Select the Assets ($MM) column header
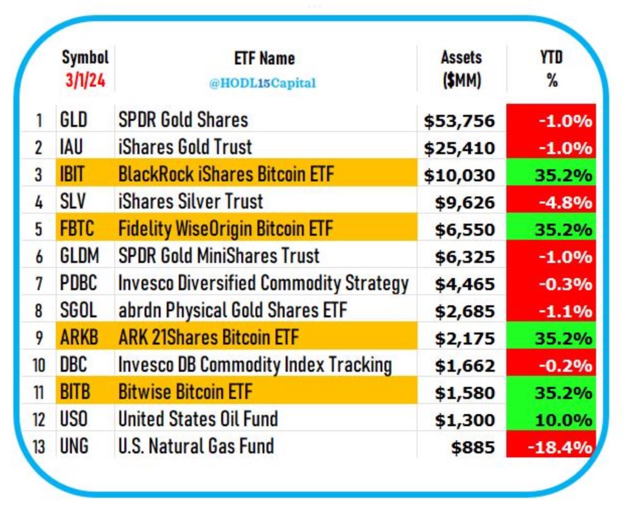point(461,69)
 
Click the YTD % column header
point(552,69)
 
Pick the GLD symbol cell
point(74,120)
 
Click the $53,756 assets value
point(459,121)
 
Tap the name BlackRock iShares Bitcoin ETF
point(226,174)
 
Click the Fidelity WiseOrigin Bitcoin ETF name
point(226,229)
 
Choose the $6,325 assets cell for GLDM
point(464,257)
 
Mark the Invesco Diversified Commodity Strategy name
point(263,283)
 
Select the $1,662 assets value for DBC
point(464,366)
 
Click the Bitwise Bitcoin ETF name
point(185,392)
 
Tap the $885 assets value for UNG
point(473,447)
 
